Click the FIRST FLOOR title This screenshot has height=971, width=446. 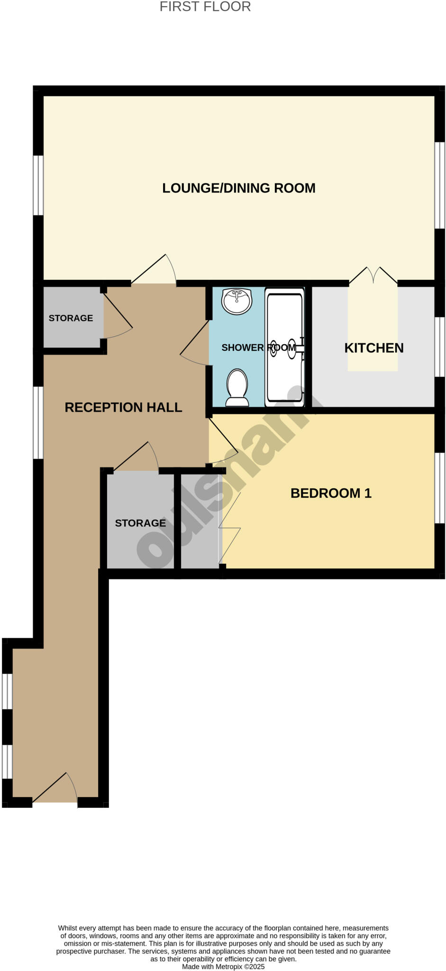coord(205,7)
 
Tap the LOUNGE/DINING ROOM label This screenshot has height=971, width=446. coord(239,188)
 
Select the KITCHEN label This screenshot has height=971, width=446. coord(374,348)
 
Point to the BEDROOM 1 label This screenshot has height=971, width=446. coord(331,493)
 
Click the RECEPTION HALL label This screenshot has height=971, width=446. coord(123,407)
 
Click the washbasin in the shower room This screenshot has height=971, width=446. coord(237,301)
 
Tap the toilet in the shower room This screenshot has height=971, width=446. coord(237,388)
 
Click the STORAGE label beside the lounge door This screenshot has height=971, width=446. coord(71,318)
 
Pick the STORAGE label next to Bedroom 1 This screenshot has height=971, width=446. coord(140,523)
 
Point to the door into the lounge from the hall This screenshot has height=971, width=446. coord(154,271)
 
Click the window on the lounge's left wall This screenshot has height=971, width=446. coord(38,185)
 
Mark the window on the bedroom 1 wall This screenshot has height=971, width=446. coord(440,488)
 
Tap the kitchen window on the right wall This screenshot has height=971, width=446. coord(440,347)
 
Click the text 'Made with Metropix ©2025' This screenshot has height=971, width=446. coord(223,966)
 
